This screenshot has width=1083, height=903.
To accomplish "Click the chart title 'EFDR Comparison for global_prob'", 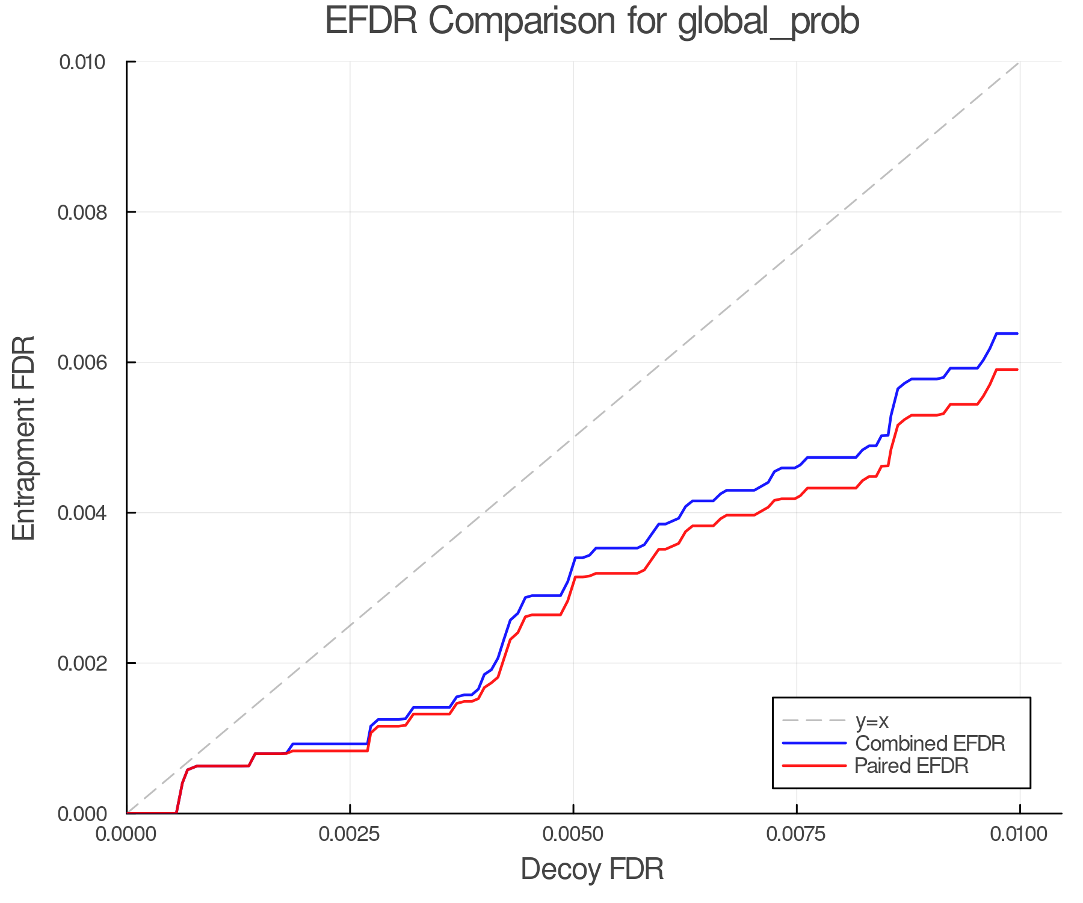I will [x=592, y=22].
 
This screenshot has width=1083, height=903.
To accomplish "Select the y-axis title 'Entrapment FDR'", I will [x=24, y=438].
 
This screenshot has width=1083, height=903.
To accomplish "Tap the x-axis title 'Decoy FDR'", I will [x=592, y=869].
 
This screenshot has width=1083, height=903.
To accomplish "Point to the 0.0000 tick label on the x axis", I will [x=126, y=834].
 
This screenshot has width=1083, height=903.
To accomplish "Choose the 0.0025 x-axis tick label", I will [x=350, y=834].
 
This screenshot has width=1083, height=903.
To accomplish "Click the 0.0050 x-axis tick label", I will [x=573, y=834].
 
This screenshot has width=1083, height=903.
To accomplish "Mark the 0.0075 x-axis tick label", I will [x=797, y=834].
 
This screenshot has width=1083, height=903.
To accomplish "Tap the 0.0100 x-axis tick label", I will [x=1019, y=834].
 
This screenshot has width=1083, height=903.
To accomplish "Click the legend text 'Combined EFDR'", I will [x=930, y=743].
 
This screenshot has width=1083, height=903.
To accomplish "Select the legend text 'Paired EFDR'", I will [x=912, y=766].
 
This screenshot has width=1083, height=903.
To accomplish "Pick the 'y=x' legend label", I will [x=872, y=721].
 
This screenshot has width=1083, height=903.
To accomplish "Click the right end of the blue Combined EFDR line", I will [x=1017, y=334].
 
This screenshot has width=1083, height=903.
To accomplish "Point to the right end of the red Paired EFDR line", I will [x=1017, y=370].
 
